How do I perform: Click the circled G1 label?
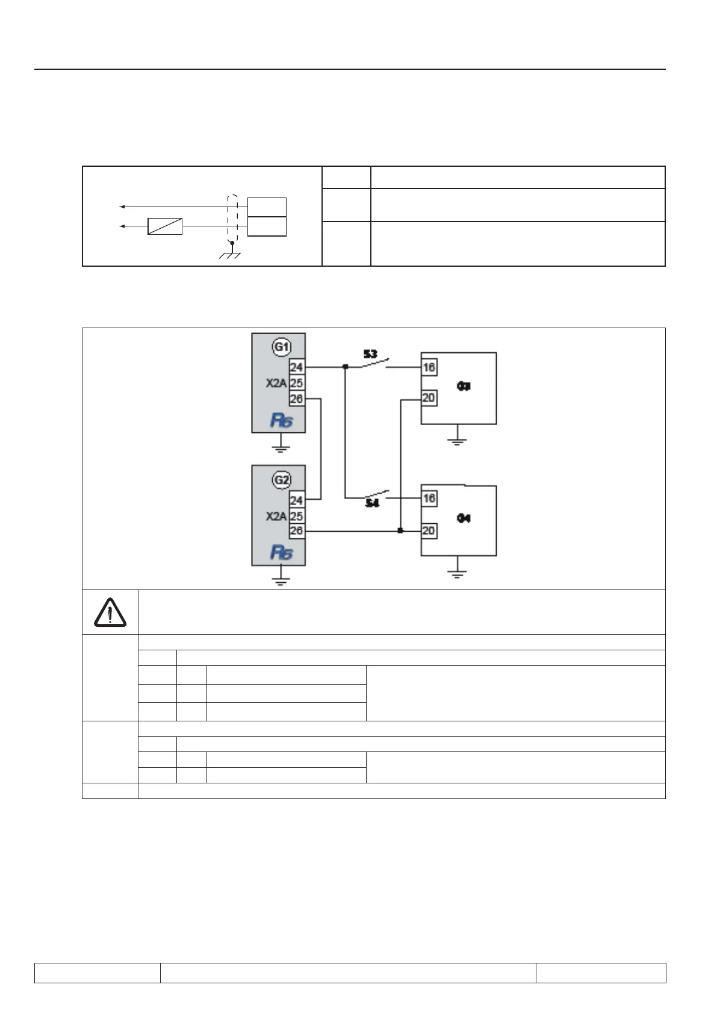[282, 347]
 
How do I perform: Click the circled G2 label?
[282, 481]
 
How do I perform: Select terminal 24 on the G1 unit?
[296, 367]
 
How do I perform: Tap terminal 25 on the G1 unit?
[296, 383]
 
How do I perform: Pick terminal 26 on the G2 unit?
[296, 531]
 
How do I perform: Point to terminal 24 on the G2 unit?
[296, 500]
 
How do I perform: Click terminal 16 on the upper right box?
[429, 367]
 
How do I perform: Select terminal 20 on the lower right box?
[429, 531]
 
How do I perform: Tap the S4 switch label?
[373, 503]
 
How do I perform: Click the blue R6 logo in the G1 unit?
[281, 420]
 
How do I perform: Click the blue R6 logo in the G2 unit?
[281, 553]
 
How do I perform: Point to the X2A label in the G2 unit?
[276, 516]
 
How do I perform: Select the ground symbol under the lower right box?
[458, 573]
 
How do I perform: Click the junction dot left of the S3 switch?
[345, 367]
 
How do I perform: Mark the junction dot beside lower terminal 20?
[400, 531]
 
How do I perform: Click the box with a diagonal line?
[165, 226]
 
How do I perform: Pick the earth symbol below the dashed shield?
[231, 255]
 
